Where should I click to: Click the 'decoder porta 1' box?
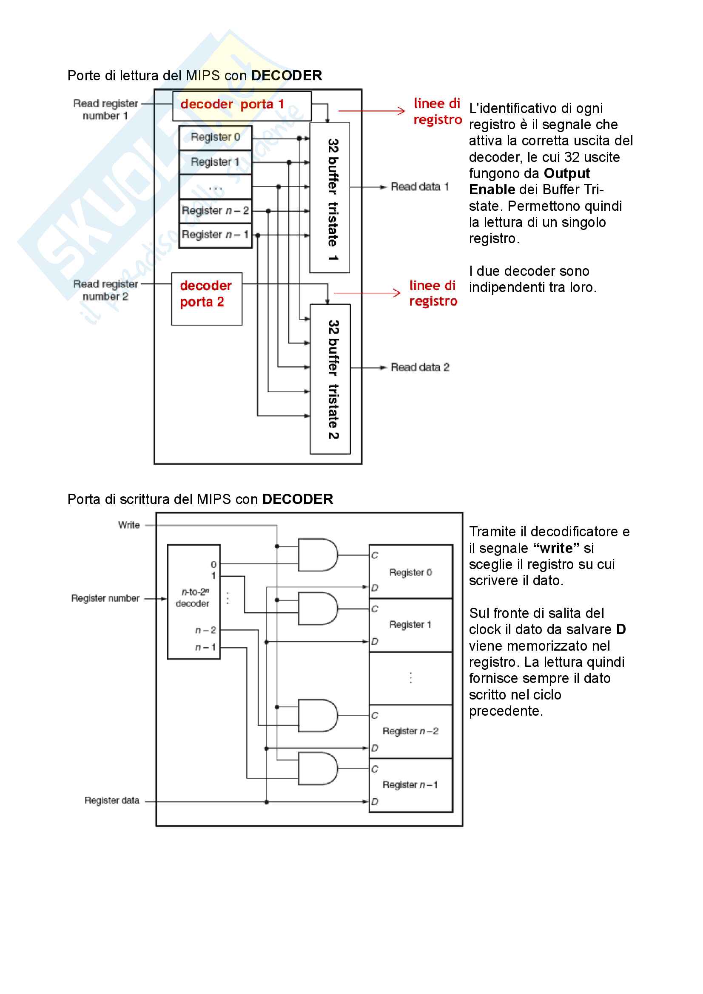pos(242,106)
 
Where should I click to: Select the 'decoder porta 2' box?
pos(207,299)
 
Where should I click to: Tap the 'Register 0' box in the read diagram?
pos(215,138)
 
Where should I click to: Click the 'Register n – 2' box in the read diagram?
pos(215,211)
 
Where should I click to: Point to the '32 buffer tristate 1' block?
pos(330,198)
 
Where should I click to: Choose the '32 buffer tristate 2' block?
pos(330,379)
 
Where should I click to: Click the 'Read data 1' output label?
pos(419,187)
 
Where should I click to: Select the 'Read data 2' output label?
pos(419,368)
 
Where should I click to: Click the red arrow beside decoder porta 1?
pos(371,111)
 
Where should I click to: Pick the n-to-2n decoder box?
pos(194,602)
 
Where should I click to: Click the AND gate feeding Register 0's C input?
pos(318,555)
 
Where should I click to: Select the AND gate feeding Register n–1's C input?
pos(318,768)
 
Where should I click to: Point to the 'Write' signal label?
pos(129,525)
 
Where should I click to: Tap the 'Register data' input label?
pos(112,801)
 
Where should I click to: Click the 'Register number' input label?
pos(105,598)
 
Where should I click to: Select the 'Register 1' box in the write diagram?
pos(410,625)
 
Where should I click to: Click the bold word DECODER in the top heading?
pos(286,76)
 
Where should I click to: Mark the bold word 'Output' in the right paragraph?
pos(566,174)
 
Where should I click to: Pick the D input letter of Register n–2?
pos(375,748)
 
